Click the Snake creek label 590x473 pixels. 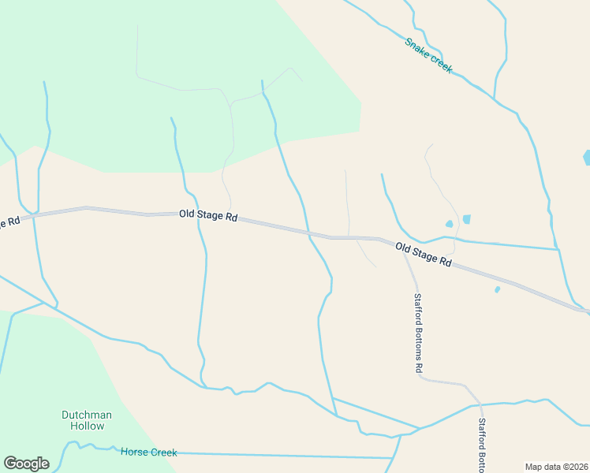[x=428, y=55]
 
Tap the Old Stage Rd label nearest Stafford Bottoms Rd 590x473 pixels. [x=423, y=255]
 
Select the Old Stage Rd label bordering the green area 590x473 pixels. [x=208, y=214]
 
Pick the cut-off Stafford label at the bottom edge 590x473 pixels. [x=482, y=445]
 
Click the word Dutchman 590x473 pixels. [x=87, y=415]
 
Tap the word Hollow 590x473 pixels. [x=87, y=426]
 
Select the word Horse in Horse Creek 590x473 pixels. [x=134, y=453]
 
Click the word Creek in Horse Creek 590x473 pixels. [x=163, y=453]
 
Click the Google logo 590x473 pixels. [x=26, y=464]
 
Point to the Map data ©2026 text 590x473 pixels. [x=556, y=467]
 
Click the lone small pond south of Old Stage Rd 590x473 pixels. [x=497, y=290]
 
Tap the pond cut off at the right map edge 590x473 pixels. [x=586, y=158]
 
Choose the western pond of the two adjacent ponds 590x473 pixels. [x=450, y=224]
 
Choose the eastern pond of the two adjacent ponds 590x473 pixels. [x=466, y=219]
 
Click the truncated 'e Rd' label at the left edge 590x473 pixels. [x=9, y=222]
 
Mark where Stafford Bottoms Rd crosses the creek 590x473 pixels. [x=480, y=405]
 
